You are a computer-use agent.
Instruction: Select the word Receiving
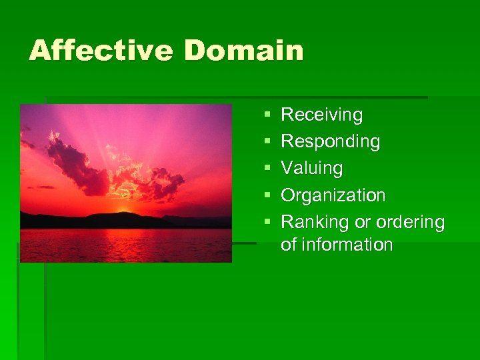pyautogui.click(x=322, y=115)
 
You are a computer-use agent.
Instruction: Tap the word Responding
pyautogui.click(x=331, y=142)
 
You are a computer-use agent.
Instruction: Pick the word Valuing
pyautogui.click(x=312, y=169)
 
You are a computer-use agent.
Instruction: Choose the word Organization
pyautogui.click(x=333, y=195)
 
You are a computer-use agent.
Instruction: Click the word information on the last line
pyautogui.click(x=347, y=245)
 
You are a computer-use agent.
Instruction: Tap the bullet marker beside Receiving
pyautogui.click(x=267, y=116)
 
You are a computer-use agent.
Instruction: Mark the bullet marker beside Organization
pyautogui.click(x=267, y=196)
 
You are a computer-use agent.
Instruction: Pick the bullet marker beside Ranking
pyautogui.click(x=267, y=223)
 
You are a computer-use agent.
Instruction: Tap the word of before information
pyautogui.click(x=289, y=245)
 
